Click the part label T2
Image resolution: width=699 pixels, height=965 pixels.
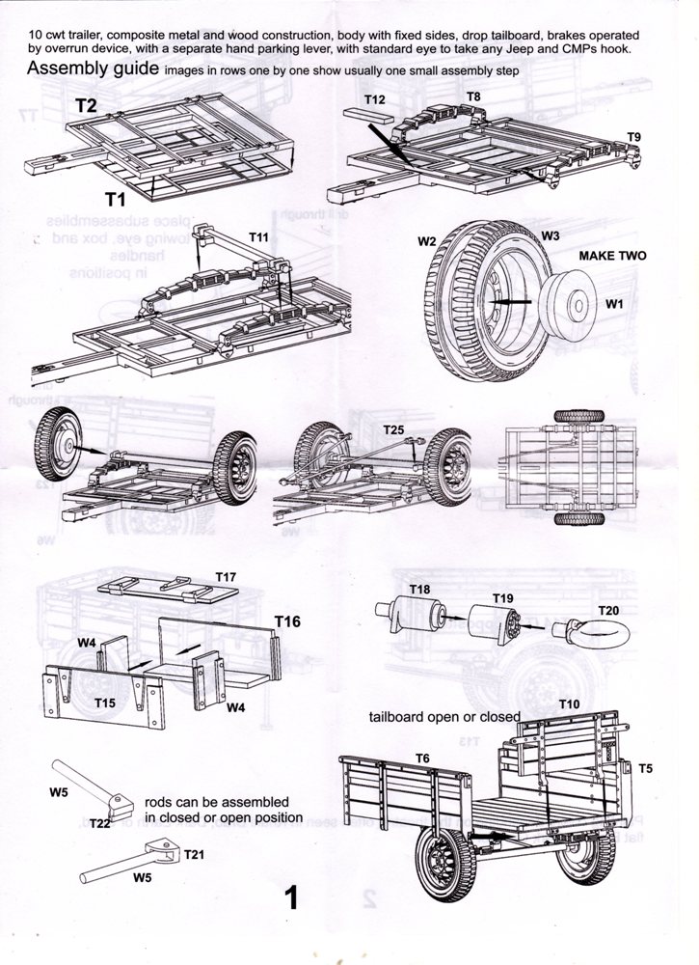click(86, 105)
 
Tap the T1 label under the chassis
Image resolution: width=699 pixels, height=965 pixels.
click(117, 200)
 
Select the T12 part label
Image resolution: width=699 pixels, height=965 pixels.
click(375, 99)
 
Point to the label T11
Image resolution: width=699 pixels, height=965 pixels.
click(259, 236)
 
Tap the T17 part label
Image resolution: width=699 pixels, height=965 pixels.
click(226, 577)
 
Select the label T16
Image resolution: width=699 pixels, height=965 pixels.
click(287, 620)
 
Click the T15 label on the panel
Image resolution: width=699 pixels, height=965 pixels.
click(106, 702)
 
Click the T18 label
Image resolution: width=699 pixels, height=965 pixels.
click(420, 590)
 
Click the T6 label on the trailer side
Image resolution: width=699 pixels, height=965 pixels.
click(423, 758)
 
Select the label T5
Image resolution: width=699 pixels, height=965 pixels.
click(645, 768)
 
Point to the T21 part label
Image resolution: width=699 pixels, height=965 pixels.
click(195, 855)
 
